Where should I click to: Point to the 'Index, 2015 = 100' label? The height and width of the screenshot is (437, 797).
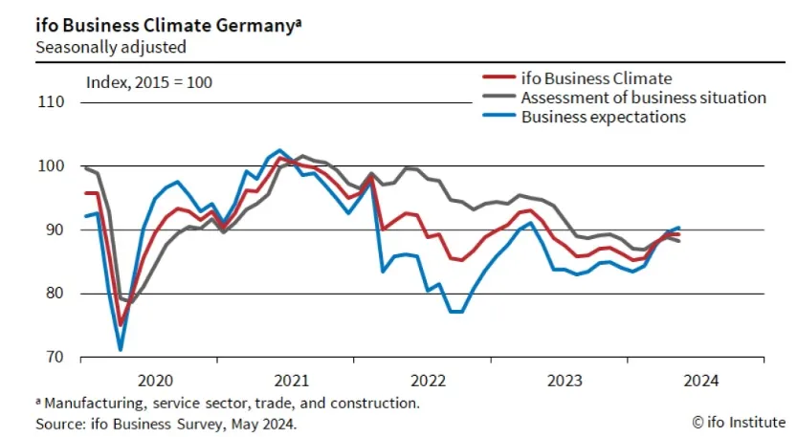tap(149, 81)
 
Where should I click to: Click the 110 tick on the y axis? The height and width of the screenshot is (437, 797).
tap(51, 102)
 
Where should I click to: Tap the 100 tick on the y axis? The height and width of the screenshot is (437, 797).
tap(51, 166)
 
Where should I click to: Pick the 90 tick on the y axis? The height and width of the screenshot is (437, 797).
tap(53, 229)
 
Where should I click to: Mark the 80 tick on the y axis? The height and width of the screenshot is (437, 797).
tap(53, 294)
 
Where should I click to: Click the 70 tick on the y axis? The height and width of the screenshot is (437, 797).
tap(53, 357)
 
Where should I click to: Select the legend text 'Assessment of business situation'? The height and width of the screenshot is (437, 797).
tap(643, 98)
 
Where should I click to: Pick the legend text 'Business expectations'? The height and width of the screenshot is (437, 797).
tap(603, 117)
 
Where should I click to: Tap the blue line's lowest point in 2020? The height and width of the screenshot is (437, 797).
tap(121, 349)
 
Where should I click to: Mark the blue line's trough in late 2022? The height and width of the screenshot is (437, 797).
tap(455, 312)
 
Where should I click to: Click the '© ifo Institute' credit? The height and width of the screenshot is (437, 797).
tap(738, 422)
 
